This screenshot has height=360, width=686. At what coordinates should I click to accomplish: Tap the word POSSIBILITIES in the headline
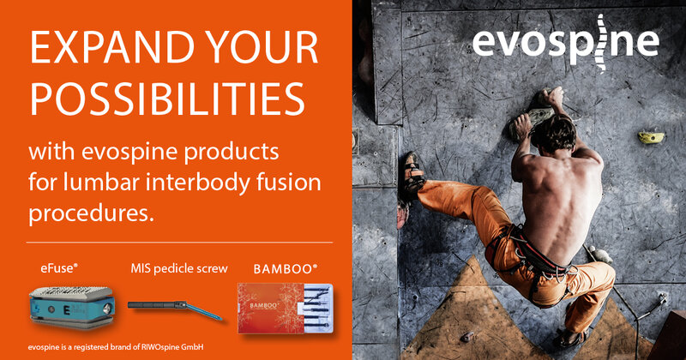point(167,99)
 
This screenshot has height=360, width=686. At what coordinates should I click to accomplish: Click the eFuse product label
point(59,268)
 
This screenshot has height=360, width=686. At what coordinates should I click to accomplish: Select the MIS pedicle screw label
point(179,268)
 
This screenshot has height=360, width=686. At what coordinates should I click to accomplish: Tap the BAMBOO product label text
point(286,268)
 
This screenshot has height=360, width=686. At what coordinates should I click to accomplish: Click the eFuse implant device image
point(72,306)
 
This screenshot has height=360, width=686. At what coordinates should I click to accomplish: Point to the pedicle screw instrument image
point(175,309)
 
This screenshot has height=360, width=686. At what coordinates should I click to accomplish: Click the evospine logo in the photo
point(566,42)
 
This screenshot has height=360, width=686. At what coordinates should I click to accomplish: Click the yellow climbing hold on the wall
point(651,137)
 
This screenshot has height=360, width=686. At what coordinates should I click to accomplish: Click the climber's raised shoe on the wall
point(413,173)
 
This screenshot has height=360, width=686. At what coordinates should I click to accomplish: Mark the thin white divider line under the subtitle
point(179,242)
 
